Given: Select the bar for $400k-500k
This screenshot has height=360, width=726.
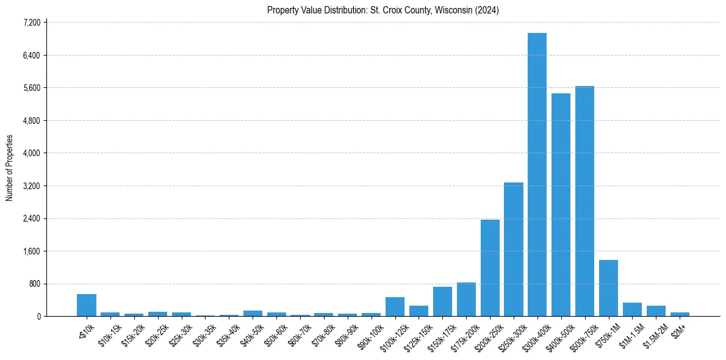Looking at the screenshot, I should pos(561,205).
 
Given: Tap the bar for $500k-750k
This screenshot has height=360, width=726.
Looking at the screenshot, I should pos(584,201).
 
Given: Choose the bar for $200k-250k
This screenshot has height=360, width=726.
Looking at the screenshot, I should pos(490,268).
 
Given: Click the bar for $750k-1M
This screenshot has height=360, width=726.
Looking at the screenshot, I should pos(608,288).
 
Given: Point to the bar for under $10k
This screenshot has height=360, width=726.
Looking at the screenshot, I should pos(87,305).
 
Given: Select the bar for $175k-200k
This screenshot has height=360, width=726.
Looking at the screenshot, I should pos(466,300).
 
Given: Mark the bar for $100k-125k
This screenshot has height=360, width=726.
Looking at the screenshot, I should pos(395,306).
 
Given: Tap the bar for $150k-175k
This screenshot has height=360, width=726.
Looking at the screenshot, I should pos(442,301).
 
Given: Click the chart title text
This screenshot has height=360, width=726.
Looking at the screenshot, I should pos(383,10).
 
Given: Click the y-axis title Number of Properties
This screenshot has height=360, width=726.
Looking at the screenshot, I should pos(10,168).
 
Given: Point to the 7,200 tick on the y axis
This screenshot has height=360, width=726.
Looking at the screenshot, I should pos(31,23).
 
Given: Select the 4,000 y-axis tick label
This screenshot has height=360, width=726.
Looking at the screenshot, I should pos(31,153).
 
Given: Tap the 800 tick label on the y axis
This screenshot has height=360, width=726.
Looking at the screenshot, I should pos(34,284).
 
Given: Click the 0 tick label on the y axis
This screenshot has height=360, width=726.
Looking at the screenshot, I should pos(38,317).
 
